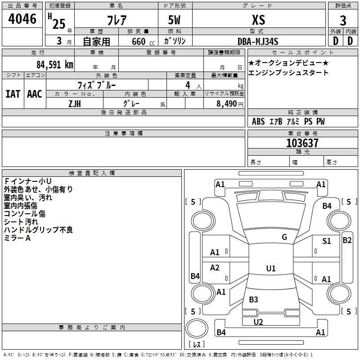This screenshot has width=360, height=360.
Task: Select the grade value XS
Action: (x=258, y=20)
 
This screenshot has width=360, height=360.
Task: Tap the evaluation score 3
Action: (x=343, y=21)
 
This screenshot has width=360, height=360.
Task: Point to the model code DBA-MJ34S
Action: (x=258, y=41)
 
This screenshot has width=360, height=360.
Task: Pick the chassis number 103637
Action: (x=302, y=143)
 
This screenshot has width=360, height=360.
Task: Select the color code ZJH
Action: (x=75, y=103)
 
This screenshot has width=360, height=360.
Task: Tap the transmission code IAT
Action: (x=13, y=94)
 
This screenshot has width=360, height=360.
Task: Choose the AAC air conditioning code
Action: (x=35, y=94)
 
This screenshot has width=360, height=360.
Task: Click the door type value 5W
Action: (x=175, y=20)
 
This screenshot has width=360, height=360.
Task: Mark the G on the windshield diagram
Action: (x=284, y=237)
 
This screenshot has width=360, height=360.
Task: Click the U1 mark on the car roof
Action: (x=270, y=269)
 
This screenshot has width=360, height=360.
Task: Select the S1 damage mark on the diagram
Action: (x=327, y=241)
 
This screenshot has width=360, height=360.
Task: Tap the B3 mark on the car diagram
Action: (x=253, y=300)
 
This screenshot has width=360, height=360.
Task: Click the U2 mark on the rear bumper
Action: (x=258, y=322)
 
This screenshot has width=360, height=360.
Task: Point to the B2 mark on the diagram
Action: (x=347, y=240)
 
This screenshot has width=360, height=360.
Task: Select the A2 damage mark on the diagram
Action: (x=215, y=268)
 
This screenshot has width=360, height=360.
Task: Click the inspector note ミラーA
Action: (x=17, y=238)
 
